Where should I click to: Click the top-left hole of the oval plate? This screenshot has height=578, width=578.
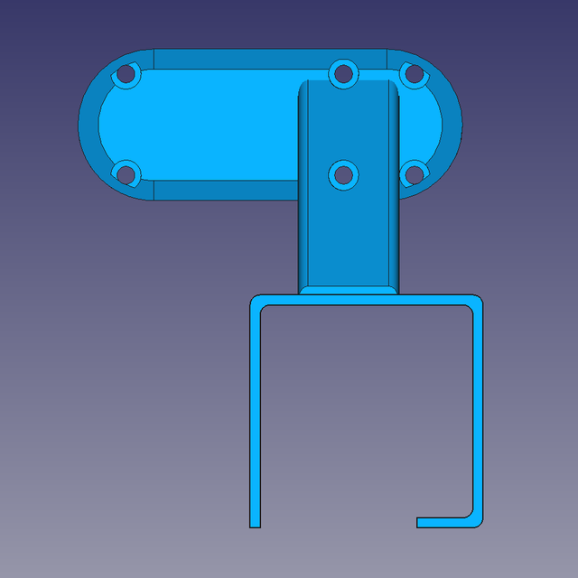point(126,75)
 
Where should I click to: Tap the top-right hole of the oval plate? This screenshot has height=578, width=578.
point(412,74)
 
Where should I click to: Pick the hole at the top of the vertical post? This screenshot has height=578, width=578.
point(342,73)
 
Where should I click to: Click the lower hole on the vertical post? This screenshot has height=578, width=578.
point(342,174)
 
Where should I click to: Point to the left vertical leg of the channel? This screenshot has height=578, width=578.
point(255,415)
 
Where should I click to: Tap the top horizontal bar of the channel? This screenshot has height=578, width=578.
point(366,301)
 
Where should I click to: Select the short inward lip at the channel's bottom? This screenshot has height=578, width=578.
point(443,522)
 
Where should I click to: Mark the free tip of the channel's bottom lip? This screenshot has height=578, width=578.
point(419,522)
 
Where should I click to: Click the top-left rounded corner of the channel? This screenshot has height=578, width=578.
point(255,301)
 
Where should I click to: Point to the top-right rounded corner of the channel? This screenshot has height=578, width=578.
point(477,301)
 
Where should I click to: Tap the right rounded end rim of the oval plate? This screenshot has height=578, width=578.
point(452,124)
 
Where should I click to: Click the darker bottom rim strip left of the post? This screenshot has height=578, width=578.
point(226,190)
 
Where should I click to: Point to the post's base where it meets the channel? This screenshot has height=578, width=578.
point(348,290)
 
